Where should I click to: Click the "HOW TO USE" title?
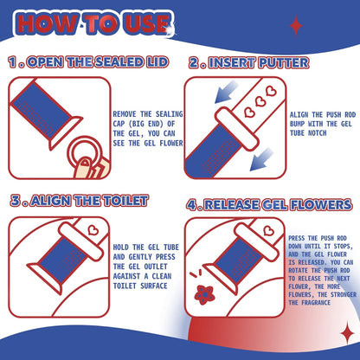coord(93,23)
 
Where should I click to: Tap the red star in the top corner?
coord(296,26)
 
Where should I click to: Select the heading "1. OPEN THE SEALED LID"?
coord(88,62)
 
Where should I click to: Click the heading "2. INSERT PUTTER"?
coord(249,63)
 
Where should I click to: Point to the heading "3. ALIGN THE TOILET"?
coord(80,201)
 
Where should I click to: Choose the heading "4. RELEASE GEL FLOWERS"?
coord(269,205)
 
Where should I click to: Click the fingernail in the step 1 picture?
coord(85,163)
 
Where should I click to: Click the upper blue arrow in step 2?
coord(227,92)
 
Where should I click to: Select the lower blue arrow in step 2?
coord(261,159)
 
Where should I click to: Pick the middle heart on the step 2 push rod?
coord(260,101)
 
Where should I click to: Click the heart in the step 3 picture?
coord(93,230)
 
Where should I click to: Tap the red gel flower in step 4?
coord(203,294)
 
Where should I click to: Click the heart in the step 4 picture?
coord(269,230)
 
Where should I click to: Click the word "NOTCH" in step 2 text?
coord(317,133)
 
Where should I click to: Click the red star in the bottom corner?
coord(347,333)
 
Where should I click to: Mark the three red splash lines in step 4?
coord(196,273)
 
